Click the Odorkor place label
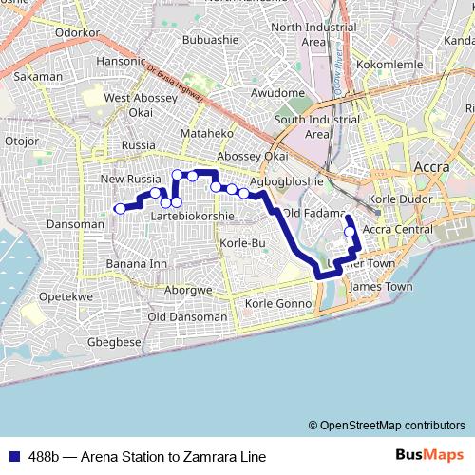pyautogui.click(x=78, y=31)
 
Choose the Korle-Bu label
pyautogui.click(x=241, y=243)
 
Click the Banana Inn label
pyautogui.click(x=137, y=263)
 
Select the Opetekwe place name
pyautogui.click(x=66, y=297)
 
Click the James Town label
pyautogui.click(x=382, y=286)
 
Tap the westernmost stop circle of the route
pyautogui.click(x=120, y=209)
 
